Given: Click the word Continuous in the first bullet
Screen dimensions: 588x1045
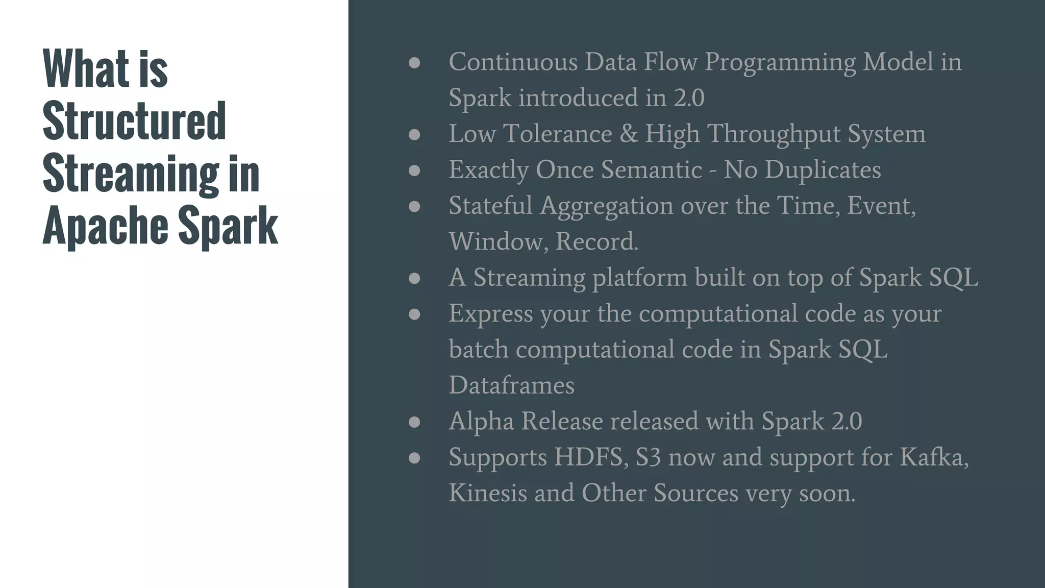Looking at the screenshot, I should pyautogui.click(x=513, y=62).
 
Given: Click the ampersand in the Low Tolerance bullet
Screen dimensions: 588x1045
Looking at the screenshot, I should pyautogui.click(x=628, y=134).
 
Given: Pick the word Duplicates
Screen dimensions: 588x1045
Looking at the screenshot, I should pyautogui.click(x=823, y=169).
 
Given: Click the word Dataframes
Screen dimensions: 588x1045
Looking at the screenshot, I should pyautogui.click(x=511, y=385).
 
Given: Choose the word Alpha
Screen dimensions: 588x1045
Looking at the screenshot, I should pyautogui.click(x=481, y=422).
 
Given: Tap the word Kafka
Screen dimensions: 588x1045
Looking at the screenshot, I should pyautogui.click(x=933, y=457).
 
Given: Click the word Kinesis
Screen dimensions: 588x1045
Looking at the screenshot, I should pyautogui.click(x=487, y=493).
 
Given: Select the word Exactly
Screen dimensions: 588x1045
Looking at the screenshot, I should pyautogui.click(x=488, y=170).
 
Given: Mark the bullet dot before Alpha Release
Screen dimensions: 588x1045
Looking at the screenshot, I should pyautogui.click(x=414, y=422).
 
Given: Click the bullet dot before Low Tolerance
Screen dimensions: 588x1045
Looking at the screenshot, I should pyautogui.click(x=414, y=135).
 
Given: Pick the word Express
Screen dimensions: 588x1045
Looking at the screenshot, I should pyautogui.click(x=490, y=314).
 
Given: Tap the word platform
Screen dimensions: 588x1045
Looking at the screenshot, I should pyautogui.click(x=639, y=278).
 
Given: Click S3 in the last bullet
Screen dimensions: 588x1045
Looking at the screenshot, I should pyautogui.click(x=648, y=457).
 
